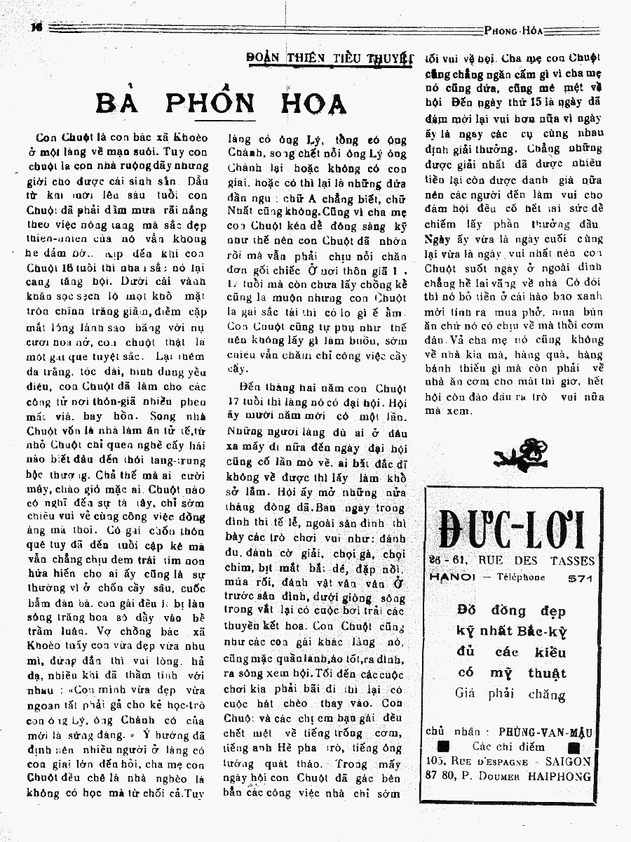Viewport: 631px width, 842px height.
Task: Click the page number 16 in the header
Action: click(x=37, y=26)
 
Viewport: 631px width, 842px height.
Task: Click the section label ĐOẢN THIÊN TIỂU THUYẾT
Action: click(x=329, y=58)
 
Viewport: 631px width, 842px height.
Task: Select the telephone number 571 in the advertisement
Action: click(x=581, y=578)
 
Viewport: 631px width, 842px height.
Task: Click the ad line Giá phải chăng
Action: click(x=510, y=695)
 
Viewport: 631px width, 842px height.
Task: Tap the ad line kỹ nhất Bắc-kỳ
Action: click(x=511, y=630)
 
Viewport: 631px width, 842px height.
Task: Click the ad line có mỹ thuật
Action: click(x=512, y=673)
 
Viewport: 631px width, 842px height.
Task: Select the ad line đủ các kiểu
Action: click(x=511, y=652)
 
